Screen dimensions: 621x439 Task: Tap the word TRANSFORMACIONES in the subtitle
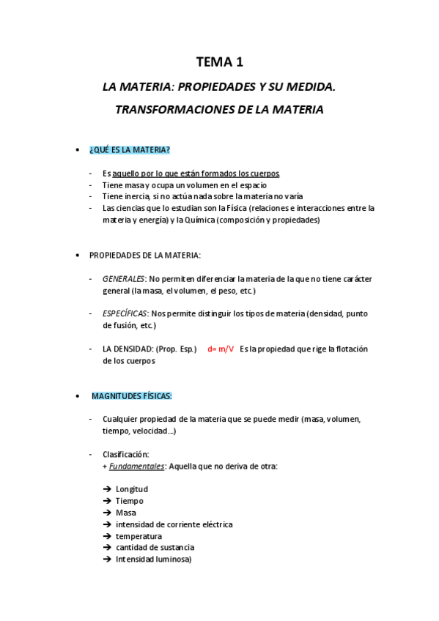click(x=172, y=110)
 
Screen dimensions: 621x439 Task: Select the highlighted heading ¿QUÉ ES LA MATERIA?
click(x=129, y=150)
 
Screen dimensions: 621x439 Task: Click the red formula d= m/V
click(x=221, y=349)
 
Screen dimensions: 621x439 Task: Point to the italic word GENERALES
click(x=123, y=278)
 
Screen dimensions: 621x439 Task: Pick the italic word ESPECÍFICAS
click(x=125, y=313)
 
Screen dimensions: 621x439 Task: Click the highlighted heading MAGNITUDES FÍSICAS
click(x=132, y=396)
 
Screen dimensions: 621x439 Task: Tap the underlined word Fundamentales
click(x=136, y=466)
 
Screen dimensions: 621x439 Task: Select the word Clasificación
click(x=125, y=454)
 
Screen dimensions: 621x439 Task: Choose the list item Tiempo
click(x=129, y=501)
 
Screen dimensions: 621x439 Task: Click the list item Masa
click(x=125, y=513)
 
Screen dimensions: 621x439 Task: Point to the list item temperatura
click(x=139, y=536)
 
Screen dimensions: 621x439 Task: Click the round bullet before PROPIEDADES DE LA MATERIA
click(x=78, y=255)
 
